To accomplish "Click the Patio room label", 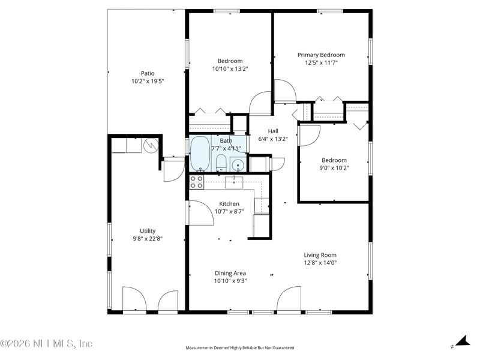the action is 148,73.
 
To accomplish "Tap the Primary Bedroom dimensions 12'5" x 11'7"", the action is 321,63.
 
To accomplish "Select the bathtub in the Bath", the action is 200,154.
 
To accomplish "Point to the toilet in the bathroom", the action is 221,163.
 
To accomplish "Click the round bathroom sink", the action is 238,166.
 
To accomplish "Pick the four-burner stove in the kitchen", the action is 197,182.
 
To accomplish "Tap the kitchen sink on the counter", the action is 234,182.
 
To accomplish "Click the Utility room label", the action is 148,231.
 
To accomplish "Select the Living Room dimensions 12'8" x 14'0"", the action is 320,263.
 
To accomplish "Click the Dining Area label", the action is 230,273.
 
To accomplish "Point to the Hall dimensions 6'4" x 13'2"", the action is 273,139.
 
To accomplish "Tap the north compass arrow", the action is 463,341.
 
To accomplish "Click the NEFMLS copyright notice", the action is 46,343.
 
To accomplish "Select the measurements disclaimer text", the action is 239,348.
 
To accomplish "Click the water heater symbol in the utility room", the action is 151,145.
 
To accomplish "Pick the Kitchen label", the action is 229,203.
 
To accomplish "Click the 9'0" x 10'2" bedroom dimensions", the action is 334,168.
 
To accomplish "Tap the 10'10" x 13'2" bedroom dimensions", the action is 230,69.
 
